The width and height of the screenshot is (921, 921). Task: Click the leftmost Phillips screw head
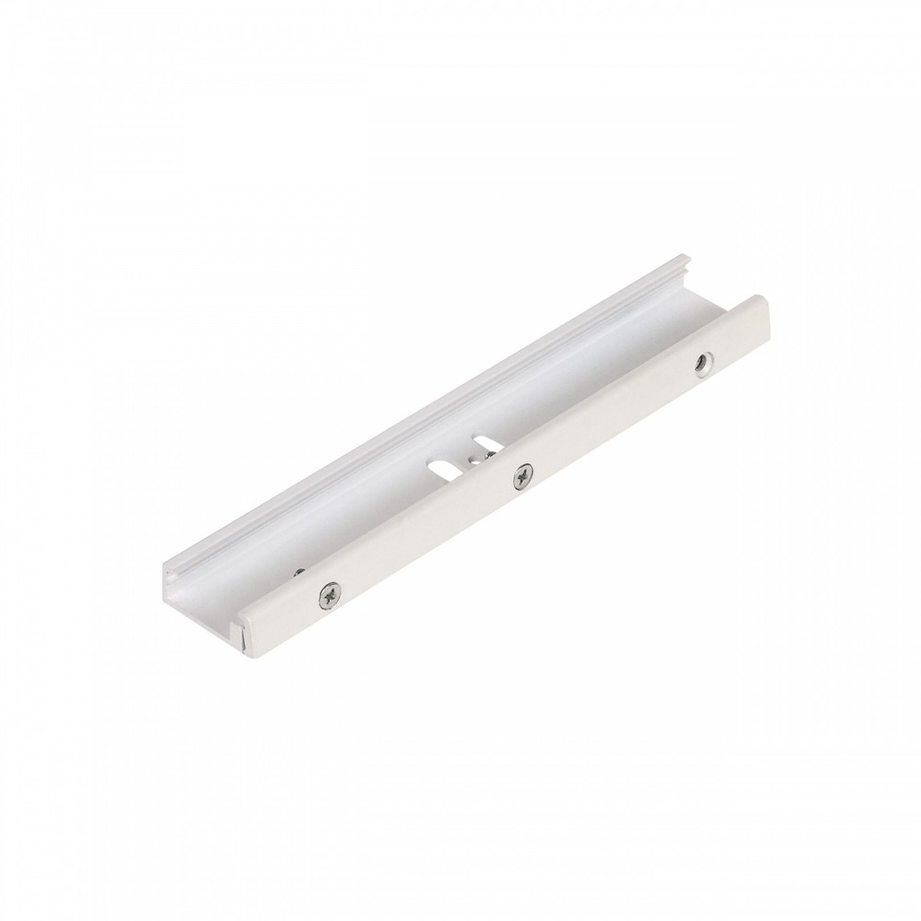(x=328, y=596)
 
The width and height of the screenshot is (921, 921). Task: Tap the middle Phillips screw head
(x=524, y=474)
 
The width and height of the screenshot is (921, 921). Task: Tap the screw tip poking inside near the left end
(x=299, y=574)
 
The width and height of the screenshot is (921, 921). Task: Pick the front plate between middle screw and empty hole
(x=613, y=418)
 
